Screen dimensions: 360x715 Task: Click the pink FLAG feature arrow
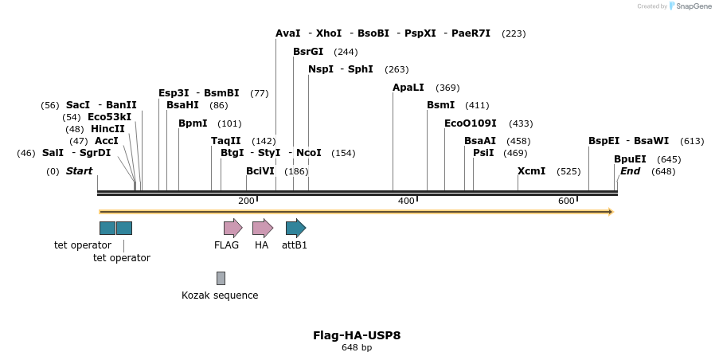pyautogui.click(x=232, y=228)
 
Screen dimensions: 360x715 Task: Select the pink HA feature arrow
pyautogui.click(x=262, y=228)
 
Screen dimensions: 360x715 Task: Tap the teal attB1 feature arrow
pyautogui.click(x=295, y=228)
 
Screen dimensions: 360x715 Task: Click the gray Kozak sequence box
pyautogui.click(x=221, y=278)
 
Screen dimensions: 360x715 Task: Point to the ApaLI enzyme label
pyautogui.click(x=408, y=88)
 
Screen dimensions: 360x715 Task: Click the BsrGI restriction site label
pyautogui.click(x=308, y=52)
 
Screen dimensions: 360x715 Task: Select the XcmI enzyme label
pyautogui.click(x=532, y=171)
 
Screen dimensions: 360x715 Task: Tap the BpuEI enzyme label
pyautogui.click(x=630, y=159)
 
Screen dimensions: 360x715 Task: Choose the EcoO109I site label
pyautogui.click(x=471, y=123)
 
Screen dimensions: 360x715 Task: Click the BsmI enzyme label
pyautogui.click(x=441, y=105)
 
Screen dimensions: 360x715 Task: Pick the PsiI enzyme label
pyautogui.click(x=483, y=153)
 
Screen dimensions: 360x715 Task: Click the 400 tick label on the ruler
pyautogui.click(x=406, y=201)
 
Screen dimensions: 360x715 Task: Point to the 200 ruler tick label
pyautogui.click(x=246, y=201)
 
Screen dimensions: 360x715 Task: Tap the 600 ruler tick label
pyautogui.click(x=566, y=201)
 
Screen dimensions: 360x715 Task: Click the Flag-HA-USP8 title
pyautogui.click(x=357, y=335)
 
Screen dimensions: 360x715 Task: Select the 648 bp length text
pyautogui.click(x=357, y=348)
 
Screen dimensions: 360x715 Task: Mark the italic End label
pyautogui.click(x=630, y=171)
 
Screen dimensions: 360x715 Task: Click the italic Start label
pyautogui.click(x=79, y=171)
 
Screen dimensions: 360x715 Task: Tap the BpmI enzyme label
pyautogui.click(x=193, y=123)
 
